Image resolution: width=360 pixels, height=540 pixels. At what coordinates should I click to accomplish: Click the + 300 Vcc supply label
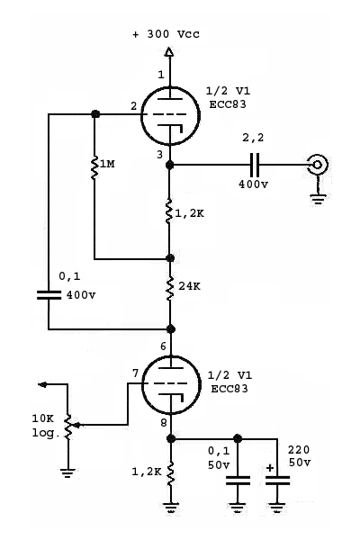click(x=166, y=34)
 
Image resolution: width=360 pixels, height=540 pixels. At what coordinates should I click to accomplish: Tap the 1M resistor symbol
click(x=94, y=167)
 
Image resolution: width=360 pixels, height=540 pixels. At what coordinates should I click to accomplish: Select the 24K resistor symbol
click(x=170, y=289)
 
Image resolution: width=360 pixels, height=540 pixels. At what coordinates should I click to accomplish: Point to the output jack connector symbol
click(x=318, y=165)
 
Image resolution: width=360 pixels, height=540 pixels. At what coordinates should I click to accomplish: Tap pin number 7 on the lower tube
click(x=135, y=373)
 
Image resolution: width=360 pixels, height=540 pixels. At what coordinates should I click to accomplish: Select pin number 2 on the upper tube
click(x=134, y=106)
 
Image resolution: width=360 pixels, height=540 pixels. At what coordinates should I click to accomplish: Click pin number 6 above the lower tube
click(x=163, y=346)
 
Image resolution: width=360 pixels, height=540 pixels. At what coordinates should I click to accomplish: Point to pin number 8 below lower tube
click(x=164, y=423)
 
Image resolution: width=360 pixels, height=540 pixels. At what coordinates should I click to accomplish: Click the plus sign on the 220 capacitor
click(x=270, y=468)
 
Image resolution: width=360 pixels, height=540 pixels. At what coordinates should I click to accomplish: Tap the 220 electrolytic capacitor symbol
click(x=277, y=481)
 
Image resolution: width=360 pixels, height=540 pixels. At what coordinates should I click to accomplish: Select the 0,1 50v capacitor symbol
click(x=238, y=481)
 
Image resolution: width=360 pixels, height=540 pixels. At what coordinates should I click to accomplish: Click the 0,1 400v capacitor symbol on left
click(x=49, y=295)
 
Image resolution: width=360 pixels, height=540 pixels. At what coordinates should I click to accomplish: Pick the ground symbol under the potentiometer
click(x=67, y=472)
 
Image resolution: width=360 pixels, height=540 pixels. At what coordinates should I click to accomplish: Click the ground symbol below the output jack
click(x=318, y=199)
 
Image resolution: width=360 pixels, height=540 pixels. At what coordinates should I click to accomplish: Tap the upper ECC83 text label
click(x=228, y=104)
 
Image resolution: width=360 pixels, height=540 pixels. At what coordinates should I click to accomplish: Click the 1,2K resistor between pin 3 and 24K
click(x=169, y=211)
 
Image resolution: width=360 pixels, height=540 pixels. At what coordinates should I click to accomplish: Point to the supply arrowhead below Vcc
click(x=169, y=52)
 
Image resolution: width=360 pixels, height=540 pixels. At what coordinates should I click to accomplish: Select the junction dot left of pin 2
click(x=94, y=114)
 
